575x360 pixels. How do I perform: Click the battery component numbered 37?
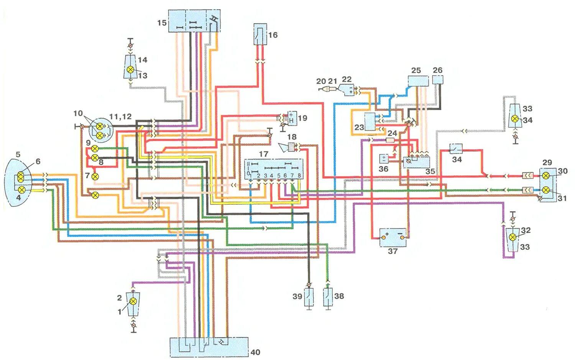click(x=393, y=238)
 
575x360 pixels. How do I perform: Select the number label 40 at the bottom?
click(x=255, y=352)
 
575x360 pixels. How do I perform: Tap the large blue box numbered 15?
click(x=195, y=21)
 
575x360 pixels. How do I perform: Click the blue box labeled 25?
click(x=418, y=81)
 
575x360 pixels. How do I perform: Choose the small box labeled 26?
click(x=438, y=79)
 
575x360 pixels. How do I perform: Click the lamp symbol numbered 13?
click(x=131, y=69)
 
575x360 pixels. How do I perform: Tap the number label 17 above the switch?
click(x=264, y=154)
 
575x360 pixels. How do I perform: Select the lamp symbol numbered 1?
click(x=133, y=301)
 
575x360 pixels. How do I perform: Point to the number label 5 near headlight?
click(x=18, y=155)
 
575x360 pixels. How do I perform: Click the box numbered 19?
click(x=291, y=117)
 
